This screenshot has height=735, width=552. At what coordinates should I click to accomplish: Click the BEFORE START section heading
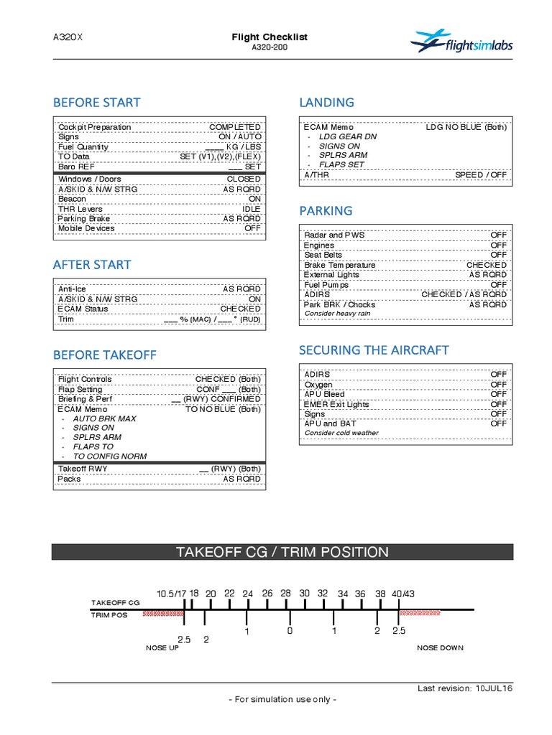coord(96,103)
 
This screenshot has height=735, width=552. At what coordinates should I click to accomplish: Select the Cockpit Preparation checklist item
coord(95,127)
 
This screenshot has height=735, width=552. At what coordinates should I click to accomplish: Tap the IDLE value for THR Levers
coord(252,209)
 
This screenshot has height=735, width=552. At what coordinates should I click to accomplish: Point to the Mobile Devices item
coord(86,228)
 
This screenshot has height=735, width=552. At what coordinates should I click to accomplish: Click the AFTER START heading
coord(92,265)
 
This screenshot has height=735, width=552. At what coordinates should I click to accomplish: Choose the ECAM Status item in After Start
coord(83,309)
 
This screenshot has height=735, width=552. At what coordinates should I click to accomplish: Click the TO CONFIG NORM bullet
coord(109,456)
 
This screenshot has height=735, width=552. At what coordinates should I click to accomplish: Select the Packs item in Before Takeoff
coord(70,478)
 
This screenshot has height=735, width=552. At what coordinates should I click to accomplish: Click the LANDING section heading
coord(326,103)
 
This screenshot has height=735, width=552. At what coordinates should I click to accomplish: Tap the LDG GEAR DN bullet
coord(348,136)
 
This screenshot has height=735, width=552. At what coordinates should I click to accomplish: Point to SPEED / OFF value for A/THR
coord(481,174)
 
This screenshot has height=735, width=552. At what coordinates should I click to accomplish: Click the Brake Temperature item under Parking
coord(339,265)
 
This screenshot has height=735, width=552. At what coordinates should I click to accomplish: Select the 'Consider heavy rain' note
coord(338,314)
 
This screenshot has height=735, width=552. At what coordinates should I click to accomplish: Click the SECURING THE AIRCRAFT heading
coord(374,350)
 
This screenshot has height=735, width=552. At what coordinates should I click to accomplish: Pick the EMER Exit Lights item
coord(336,404)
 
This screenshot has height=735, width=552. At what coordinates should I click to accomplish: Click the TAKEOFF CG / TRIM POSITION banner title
coord(282,552)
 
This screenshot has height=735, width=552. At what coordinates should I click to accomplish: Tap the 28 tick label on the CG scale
coord(285,594)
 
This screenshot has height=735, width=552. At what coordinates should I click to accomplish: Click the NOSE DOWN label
coord(440,647)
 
